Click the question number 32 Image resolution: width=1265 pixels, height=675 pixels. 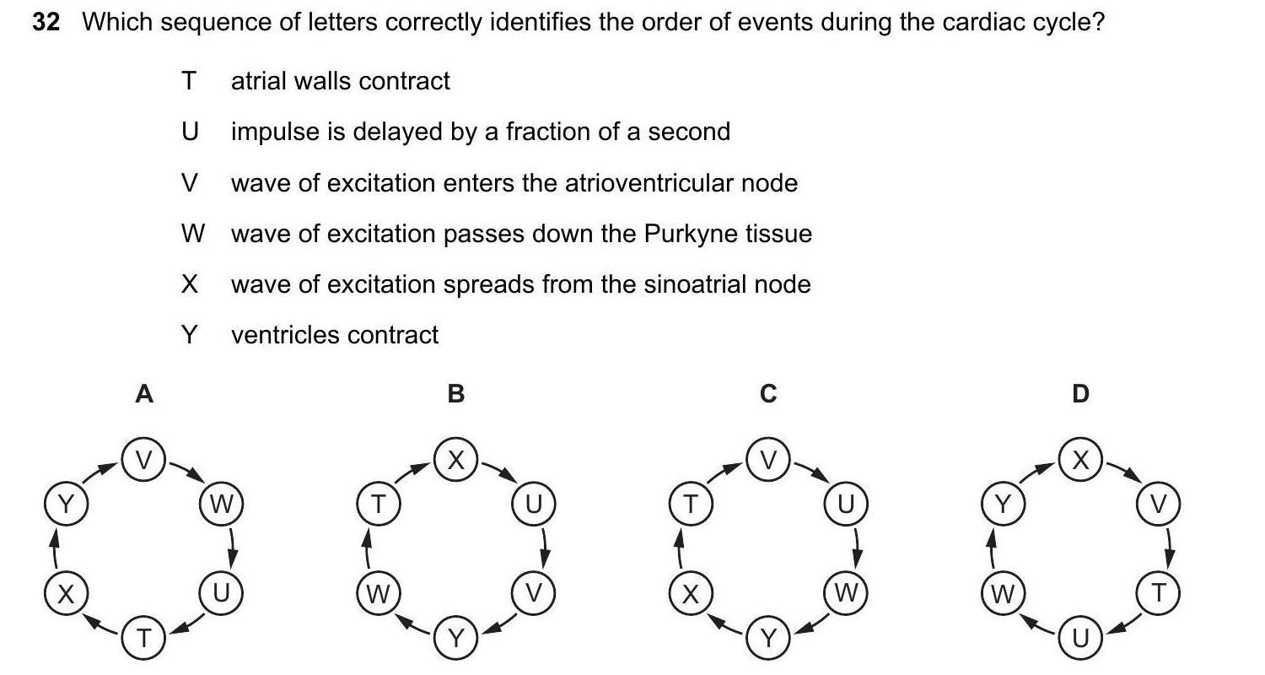click(x=46, y=22)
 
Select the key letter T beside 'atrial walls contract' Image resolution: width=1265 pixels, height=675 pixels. click(x=188, y=81)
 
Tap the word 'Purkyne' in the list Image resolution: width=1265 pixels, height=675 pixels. click(x=686, y=234)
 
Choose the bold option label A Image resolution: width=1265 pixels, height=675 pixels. click(x=144, y=393)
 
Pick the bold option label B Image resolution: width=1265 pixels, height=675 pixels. click(x=456, y=393)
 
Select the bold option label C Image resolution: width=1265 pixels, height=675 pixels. click(x=767, y=393)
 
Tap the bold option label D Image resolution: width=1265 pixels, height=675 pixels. click(x=1080, y=393)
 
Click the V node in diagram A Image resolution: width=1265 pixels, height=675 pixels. click(x=144, y=460)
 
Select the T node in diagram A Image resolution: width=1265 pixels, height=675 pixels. click(x=144, y=639)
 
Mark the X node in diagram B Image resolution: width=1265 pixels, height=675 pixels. click(x=456, y=460)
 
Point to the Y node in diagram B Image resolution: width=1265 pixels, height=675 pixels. click(x=456, y=639)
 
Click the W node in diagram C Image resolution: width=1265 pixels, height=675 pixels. click(x=846, y=594)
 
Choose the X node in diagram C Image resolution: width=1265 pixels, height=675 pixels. click(x=691, y=594)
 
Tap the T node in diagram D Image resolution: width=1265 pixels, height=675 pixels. click(x=1159, y=594)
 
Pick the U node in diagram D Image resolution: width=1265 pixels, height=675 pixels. click(x=1080, y=639)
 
